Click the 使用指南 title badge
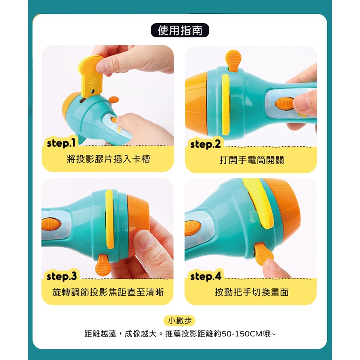[x=180, y=30]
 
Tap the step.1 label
[x=61, y=143]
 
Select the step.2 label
[x=206, y=144]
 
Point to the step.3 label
[x=62, y=276]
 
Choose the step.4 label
[x=206, y=276]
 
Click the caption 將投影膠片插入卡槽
[x=108, y=159]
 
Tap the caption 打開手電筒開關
[x=252, y=160]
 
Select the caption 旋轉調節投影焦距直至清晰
[x=108, y=292]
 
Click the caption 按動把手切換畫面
[x=252, y=292]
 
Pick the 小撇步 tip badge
[x=180, y=320]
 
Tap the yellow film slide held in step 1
[x=91, y=76]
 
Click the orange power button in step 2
[x=285, y=103]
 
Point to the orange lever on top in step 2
[x=233, y=60]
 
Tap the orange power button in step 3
[x=51, y=224]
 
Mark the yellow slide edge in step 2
[x=226, y=105]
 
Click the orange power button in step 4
[x=193, y=228]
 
